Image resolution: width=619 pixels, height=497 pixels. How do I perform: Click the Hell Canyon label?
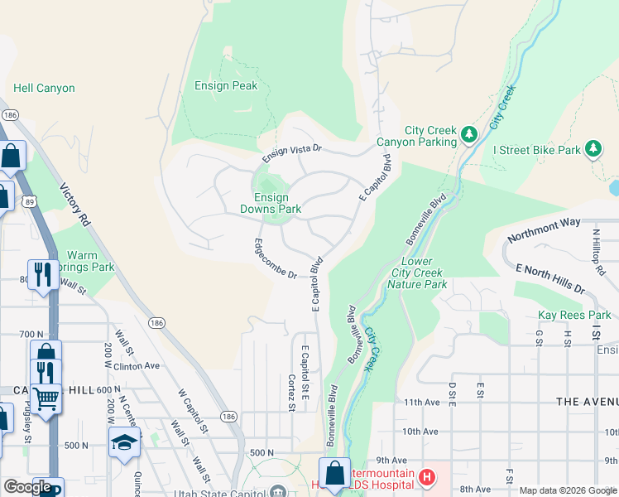[44, 88]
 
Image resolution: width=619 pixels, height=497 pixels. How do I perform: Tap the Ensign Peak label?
[226, 85]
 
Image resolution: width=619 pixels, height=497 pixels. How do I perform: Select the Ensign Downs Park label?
[271, 203]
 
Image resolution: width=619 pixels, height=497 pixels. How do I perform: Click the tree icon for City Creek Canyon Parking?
[469, 133]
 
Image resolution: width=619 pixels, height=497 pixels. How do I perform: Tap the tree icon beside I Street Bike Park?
[593, 149]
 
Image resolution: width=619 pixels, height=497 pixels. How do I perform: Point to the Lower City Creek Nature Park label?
[417, 273]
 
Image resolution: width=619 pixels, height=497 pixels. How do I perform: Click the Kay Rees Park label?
[574, 316]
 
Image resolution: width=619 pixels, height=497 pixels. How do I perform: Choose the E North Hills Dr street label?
[549, 280]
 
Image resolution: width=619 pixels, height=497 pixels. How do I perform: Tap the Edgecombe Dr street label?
[275, 258]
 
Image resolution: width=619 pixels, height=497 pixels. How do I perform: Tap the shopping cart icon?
[46, 398]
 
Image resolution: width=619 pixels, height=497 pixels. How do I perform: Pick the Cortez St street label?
[291, 391]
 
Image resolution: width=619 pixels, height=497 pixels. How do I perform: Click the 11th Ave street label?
[420, 401]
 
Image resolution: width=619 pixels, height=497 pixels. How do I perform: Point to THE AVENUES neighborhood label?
[587, 401]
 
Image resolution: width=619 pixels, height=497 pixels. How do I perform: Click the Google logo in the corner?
[27, 488]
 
